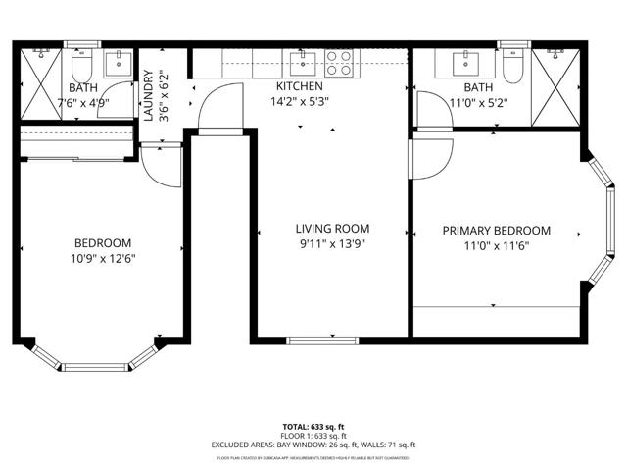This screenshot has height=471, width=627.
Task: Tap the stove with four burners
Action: tap(339, 64)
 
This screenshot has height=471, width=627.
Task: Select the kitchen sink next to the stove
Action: tap(305, 64)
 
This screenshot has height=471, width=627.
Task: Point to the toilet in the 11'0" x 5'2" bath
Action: tap(511, 66)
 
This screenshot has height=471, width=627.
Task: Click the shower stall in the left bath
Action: tap(40, 80)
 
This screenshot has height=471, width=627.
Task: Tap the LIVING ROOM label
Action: tap(332, 229)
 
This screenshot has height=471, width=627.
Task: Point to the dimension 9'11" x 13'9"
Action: tap(332, 245)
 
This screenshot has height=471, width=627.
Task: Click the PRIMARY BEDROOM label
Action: tap(496, 231)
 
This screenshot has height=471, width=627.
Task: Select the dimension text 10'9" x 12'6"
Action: tap(103, 259)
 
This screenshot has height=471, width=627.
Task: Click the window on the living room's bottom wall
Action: tap(331, 340)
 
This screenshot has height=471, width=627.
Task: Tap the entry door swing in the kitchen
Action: tap(220, 108)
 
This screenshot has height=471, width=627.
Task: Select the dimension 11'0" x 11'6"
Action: tap(496, 247)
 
